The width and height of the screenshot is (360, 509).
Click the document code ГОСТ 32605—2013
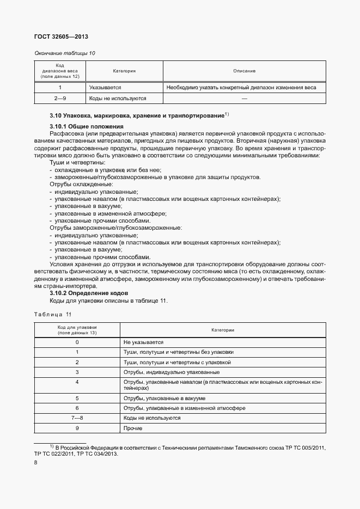(61, 36)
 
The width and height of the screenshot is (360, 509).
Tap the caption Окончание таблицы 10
(64, 53)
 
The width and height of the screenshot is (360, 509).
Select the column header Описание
(244, 71)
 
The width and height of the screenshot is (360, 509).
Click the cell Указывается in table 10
(106, 87)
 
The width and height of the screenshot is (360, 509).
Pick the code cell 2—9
(60, 99)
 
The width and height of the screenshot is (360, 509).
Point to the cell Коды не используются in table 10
(118, 99)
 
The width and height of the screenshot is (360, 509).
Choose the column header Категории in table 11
(223, 330)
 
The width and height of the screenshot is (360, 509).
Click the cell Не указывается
(143, 342)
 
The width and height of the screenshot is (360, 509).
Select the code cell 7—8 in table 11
(77, 418)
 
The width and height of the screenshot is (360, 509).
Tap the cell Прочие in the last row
(133, 428)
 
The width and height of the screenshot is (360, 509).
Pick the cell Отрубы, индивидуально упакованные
(171, 372)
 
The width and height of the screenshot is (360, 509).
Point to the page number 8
(36, 463)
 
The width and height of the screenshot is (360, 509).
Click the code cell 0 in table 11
(77, 342)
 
